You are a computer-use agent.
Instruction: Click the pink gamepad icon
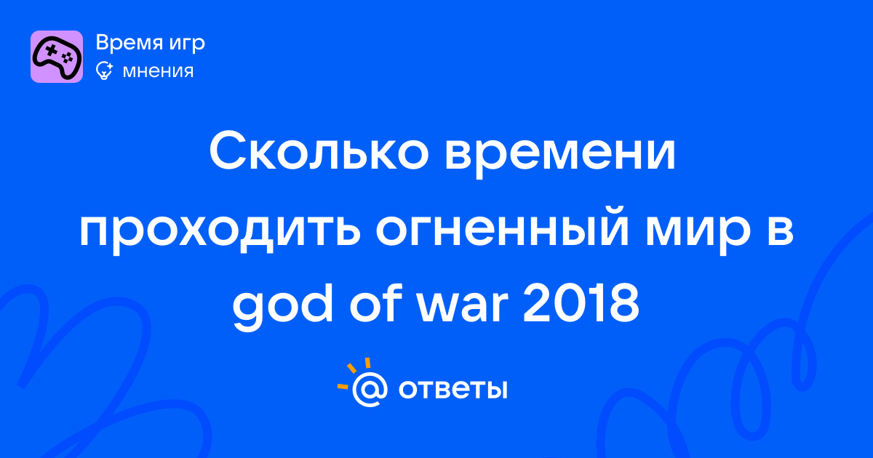(57, 57)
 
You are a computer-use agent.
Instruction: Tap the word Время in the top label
(129, 42)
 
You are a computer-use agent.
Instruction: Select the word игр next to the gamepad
(187, 44)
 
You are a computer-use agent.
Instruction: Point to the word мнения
(159, 71)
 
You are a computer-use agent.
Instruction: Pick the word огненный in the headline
(503, 229)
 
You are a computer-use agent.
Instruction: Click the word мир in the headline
(698, 232)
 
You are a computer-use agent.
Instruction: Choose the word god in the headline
(283, 307)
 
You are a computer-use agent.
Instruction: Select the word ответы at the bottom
(453, 389)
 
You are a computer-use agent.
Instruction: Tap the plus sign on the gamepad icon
(51, 51)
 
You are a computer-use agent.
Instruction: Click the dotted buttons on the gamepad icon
(68, 57)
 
